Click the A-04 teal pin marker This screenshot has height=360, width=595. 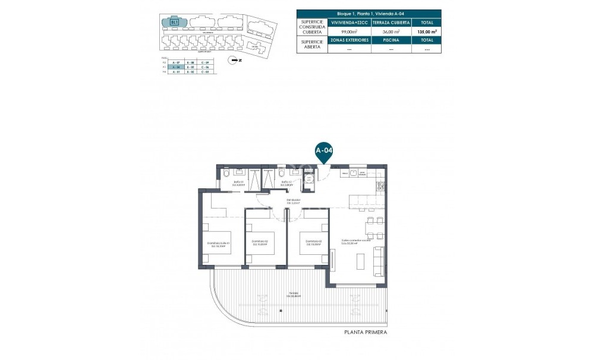323,151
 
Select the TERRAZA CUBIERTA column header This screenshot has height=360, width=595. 391,22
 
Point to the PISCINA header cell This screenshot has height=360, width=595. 391,40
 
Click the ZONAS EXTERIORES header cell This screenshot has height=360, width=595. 351,40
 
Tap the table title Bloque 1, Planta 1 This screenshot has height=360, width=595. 369,13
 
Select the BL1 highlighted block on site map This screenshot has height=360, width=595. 175,22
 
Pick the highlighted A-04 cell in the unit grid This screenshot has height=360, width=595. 175,68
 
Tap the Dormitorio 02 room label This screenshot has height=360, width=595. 260,241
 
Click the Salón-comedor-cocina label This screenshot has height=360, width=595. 355,241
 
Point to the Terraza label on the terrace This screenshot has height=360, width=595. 294,295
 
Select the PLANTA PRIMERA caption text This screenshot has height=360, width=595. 366,333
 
